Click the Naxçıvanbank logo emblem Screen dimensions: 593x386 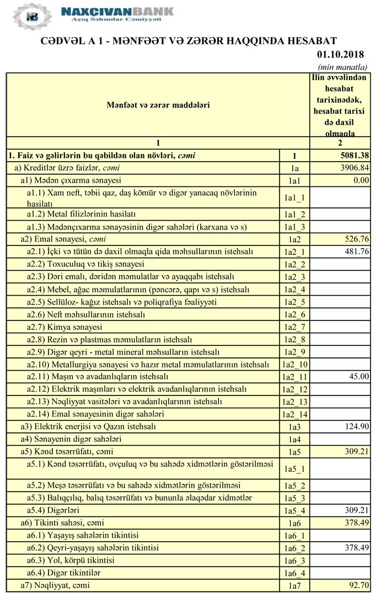[32, 15]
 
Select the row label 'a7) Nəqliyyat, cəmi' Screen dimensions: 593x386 [55, 585]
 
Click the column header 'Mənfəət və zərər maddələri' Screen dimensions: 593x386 [158, 104]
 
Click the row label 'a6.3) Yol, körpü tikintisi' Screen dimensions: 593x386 [71, 560]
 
